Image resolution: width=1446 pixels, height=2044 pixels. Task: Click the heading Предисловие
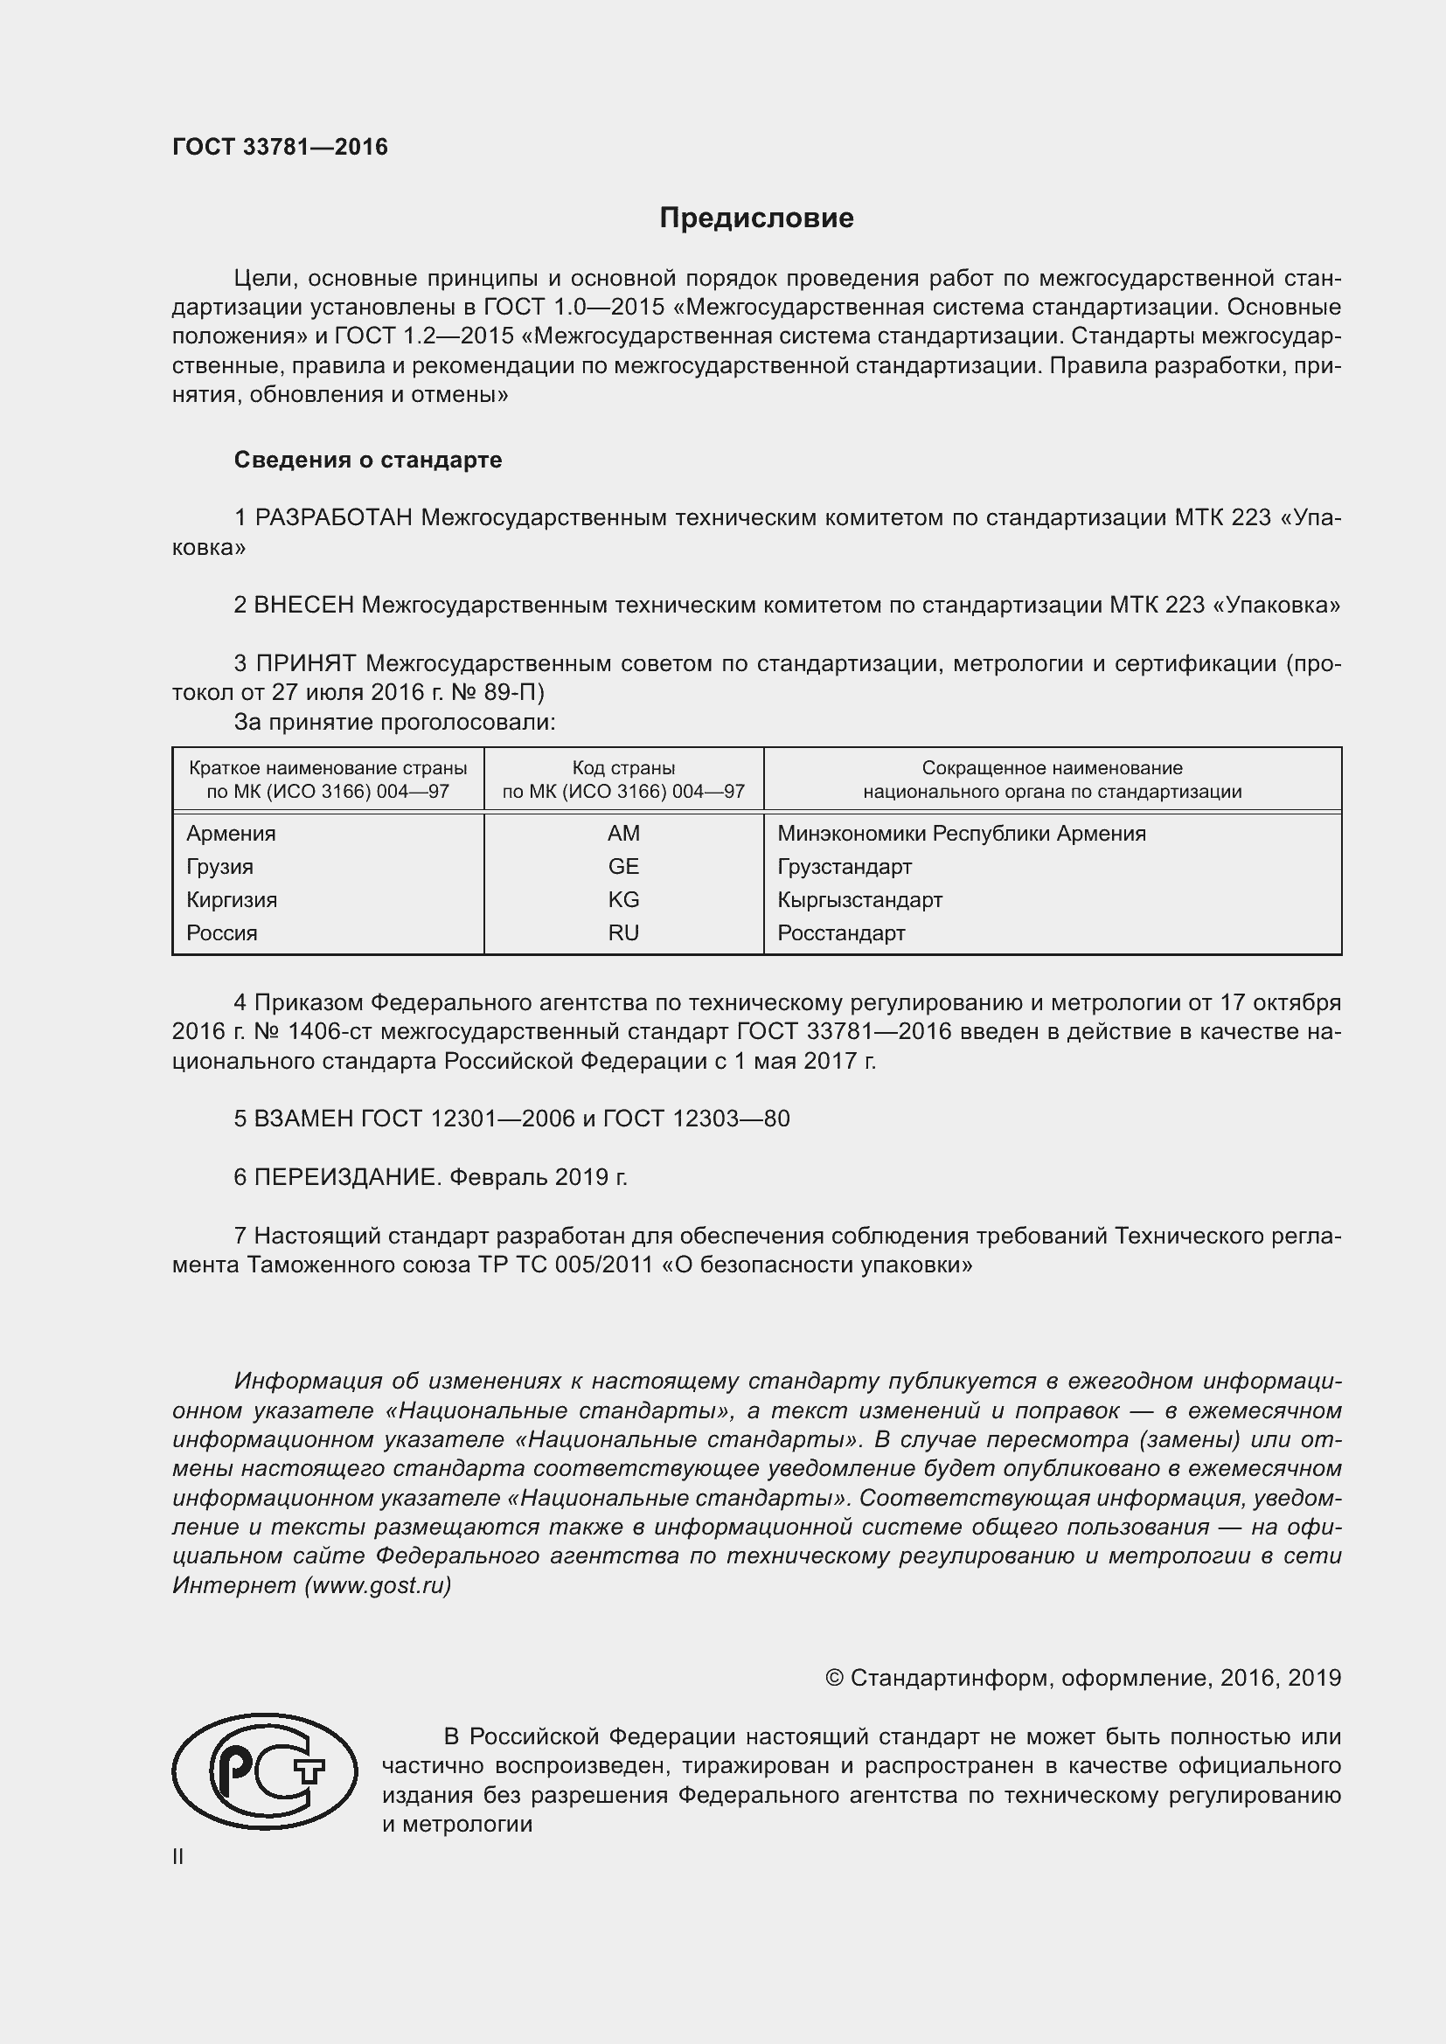pos(756,218)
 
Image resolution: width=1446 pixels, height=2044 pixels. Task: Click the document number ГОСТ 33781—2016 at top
pos(280,147)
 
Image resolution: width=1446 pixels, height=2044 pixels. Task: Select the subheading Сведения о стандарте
pos(368,461)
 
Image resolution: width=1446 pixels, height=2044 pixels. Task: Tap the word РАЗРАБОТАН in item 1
pos(334,518)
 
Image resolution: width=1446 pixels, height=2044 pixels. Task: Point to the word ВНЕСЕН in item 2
pos(303,606)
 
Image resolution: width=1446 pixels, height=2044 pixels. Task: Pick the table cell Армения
pos(231,834)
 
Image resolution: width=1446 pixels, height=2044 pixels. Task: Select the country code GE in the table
pos(623,866)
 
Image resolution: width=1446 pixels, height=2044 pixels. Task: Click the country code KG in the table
pos(623,899)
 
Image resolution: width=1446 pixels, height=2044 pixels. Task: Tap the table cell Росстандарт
pos(840,933)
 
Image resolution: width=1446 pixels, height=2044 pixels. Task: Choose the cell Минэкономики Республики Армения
pos(961,834)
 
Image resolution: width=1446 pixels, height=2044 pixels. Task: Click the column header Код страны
pos(623,767)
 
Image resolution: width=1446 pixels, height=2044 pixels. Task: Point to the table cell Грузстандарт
pos(845,866)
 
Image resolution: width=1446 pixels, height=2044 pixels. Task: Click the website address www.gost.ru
pos(378,1585)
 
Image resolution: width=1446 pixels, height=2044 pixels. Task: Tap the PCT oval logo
pos(264,1771)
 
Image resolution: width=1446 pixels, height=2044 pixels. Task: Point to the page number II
pos(178,1857)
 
